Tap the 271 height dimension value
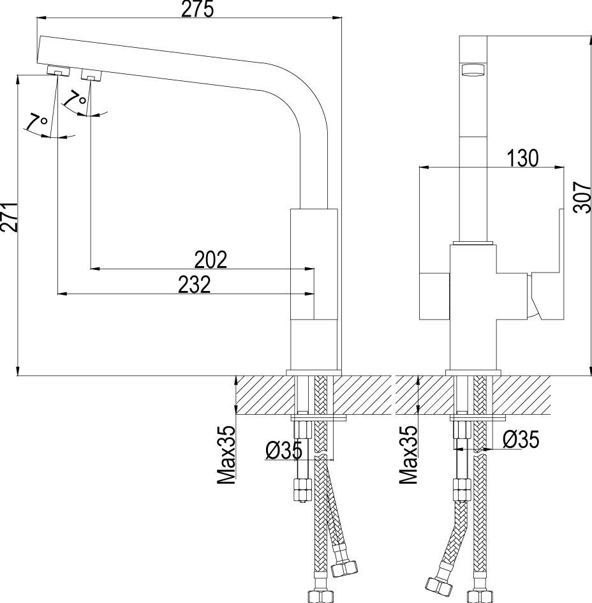[x=10, y=218]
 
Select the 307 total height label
[x=582, y=197]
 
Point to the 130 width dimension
[x=523, y=158]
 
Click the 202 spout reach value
[x=211, y=260]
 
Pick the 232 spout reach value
[x=195, y=285]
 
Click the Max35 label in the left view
[x=226, y=454]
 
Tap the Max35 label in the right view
[x=408, y=454]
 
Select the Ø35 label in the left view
[x=284, y=450]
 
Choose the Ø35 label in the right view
[x=521, y=439]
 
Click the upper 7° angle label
[x=75, y=98]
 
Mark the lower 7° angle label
[x=37, y=123]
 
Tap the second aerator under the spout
[x=91, y=75]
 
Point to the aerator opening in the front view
[x=473, y=71]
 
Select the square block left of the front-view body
[x=434, y=296]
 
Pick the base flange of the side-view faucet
[x=314, y=373]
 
